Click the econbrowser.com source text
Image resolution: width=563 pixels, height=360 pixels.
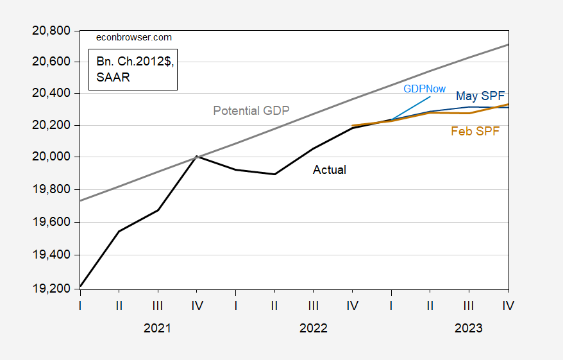[133, 37]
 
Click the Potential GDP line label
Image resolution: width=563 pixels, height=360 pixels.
[251, 110]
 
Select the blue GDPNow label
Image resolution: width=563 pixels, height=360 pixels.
[424, 89]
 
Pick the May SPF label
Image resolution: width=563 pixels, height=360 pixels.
[480, 96]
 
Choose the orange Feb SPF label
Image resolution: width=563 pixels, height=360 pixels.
[475, 132]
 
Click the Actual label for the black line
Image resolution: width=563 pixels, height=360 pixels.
[330, 170]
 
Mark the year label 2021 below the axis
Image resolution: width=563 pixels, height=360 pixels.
[157, 328]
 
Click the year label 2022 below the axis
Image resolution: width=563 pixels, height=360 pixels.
[314, 328]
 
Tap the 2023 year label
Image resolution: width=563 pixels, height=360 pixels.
[469, 328]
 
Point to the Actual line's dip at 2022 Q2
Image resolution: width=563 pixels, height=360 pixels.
[274, 174]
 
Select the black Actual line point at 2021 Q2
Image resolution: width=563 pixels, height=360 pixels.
[119, 231]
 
